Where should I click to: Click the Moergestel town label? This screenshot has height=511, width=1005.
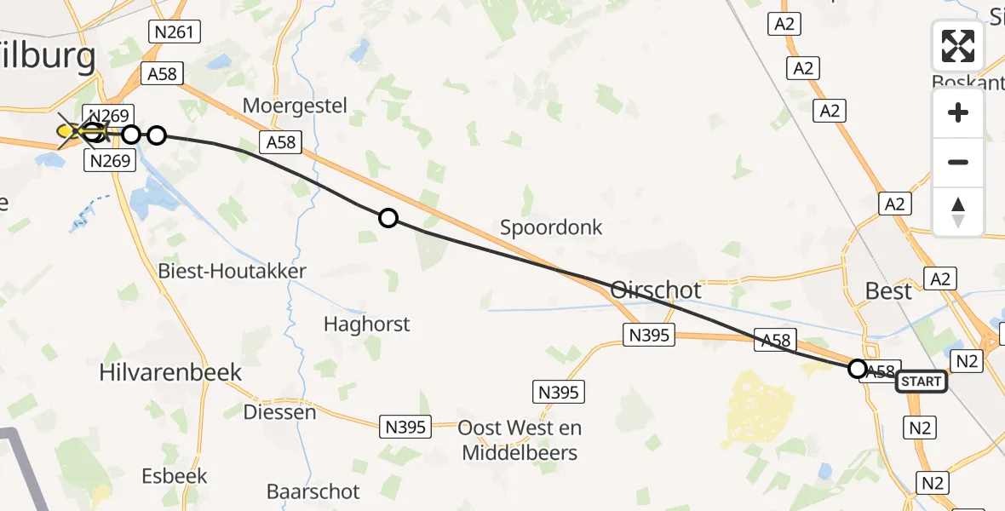[295, 106]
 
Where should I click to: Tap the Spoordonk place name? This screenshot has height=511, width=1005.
[551, 227]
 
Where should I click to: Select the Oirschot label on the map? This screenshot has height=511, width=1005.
[656, 290]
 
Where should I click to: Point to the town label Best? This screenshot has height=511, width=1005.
[888, 290]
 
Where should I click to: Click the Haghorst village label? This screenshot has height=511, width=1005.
[366, 324]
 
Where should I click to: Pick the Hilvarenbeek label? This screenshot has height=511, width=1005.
[170, 372]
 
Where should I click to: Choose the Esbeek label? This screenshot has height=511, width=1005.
[174, 474]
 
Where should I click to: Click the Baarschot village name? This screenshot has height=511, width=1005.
[313, 491]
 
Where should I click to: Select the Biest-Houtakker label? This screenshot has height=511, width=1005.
[232, 272]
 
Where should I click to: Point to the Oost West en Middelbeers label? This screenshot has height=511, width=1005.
[520, 439]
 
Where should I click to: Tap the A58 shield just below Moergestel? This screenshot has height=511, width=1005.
[281, 142]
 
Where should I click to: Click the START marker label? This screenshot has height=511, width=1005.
[921, 381]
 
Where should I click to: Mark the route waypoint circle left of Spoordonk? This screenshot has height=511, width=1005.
[388, 218]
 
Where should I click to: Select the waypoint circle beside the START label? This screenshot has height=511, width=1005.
[858, 369]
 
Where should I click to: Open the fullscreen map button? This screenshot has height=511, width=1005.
[958, 46]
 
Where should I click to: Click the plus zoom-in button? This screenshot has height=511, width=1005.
[958, 112]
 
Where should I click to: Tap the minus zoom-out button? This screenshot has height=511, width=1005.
[958, 162]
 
